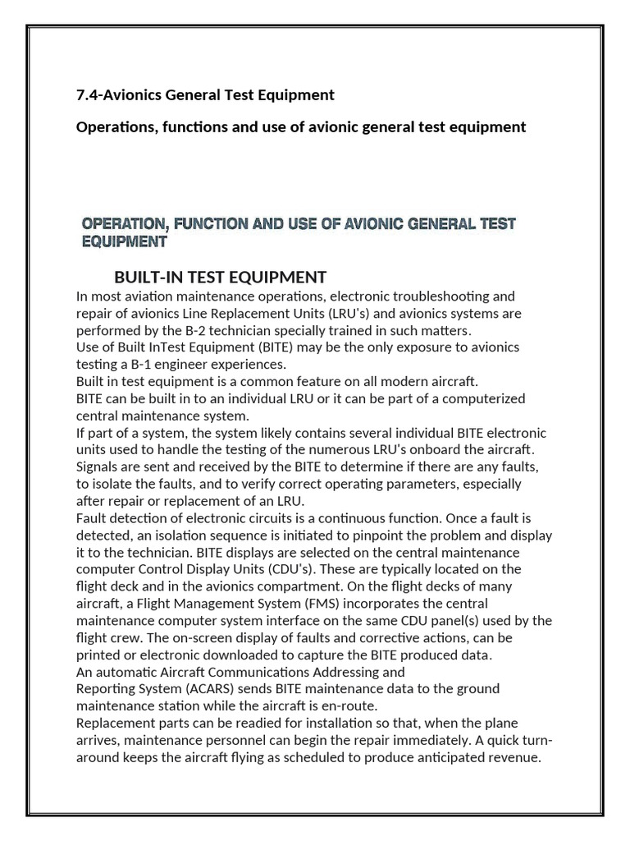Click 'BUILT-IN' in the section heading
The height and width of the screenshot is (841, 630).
146,277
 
